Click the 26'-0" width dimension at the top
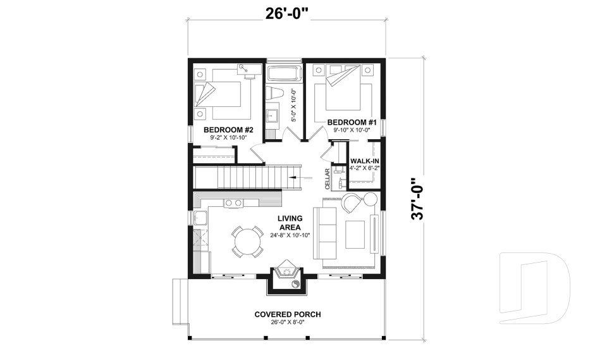coord(287,14)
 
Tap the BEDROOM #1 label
coord(347,121)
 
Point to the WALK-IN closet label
coord(364,161)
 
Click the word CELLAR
coord(328,179)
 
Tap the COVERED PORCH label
coord(287,314)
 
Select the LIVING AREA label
coord(289,223)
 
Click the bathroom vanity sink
coord(273,116)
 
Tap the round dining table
coord(247,240)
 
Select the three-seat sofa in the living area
coord(327,232)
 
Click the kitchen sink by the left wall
coord(201,218)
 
